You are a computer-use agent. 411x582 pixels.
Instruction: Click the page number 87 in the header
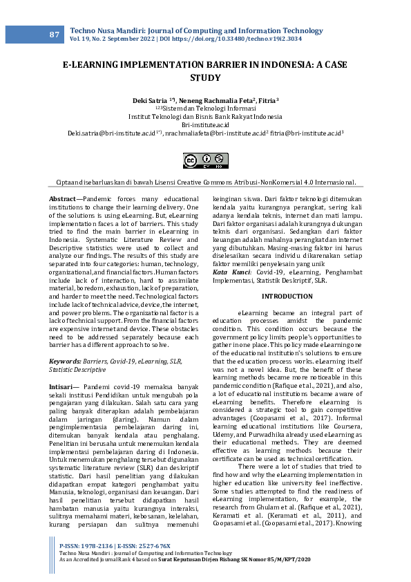pyautogui.click(x=55, y=35)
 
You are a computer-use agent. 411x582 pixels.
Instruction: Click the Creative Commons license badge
pyautogui.click(x=205, y=161)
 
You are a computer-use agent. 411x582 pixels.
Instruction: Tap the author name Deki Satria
pyautogui.click(x=149, y=100)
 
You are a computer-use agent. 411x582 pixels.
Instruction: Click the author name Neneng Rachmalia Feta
pyautogui.click(x=210, y=100)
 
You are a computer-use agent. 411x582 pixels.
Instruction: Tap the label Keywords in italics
pyautogui.click(x=66, y=362)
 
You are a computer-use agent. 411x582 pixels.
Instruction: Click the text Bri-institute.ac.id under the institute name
pyautogui.click(x=205, y=124)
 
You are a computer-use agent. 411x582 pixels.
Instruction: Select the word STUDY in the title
pyautogui.click(x=205, y=79)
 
